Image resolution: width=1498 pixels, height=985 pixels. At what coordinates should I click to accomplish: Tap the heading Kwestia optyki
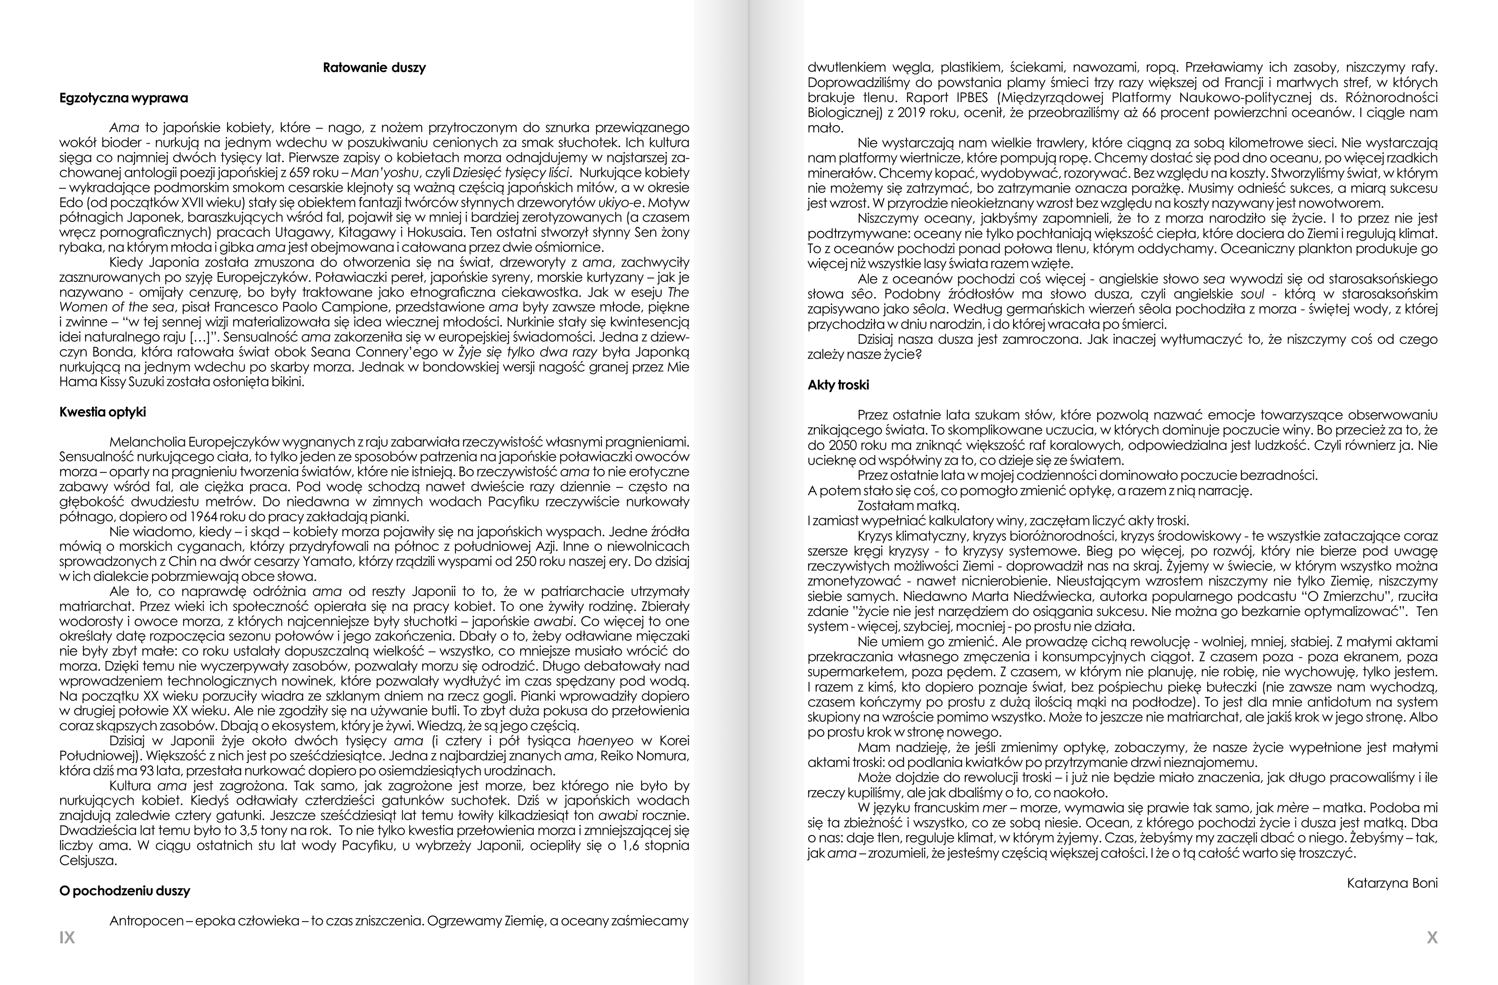pyautogui.click(x=102, y=412)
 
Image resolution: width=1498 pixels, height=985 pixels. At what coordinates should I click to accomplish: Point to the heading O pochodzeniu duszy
pyautogui.click(x=125, y=891)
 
